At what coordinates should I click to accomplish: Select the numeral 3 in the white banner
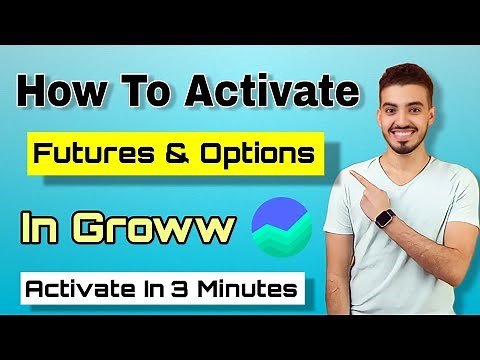click(x=189, y=289)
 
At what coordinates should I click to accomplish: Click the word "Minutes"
click(x=249, y=289)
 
